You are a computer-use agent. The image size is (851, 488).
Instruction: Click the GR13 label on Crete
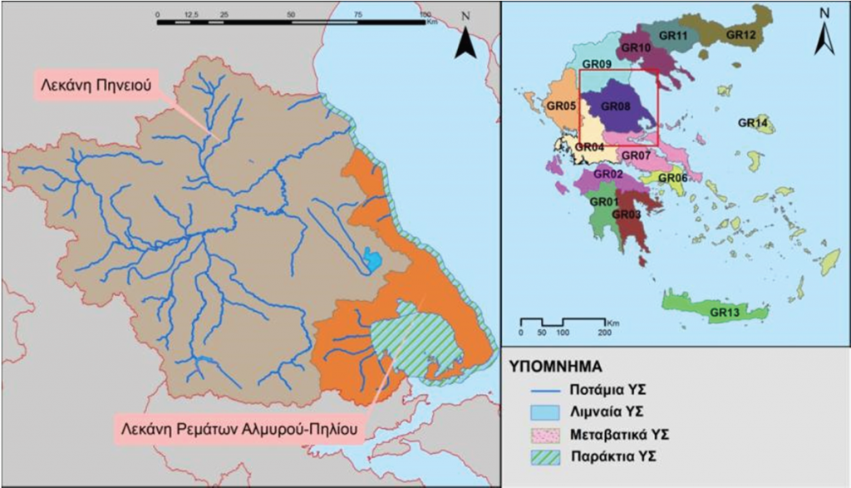pyautogui.click(x=726, y=313)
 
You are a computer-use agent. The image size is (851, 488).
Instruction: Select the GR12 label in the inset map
pyautogui.click(x=740, y=35)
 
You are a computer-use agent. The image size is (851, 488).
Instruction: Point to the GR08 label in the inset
pyautogui.click(x=615, y=106)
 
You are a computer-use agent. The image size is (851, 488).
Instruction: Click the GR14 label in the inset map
pyautogui.click(x=752, y=123)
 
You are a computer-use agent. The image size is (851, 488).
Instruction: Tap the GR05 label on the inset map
pyautogui.click(x=561, y=106)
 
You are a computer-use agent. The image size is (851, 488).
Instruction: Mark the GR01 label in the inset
pyautogui.click(x=603, y=201)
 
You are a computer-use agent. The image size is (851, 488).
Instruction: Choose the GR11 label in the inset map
pyautogui.click(x=672, y=36)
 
